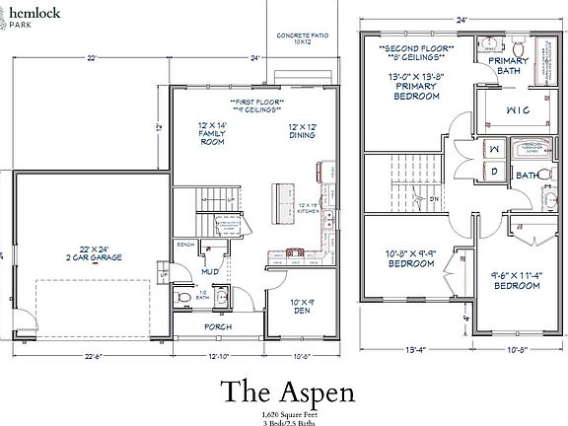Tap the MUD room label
[x=210, y=270]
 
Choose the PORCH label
[x=218, y=325]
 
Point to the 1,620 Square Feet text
[x=284, y=412]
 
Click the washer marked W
[x=494, y=150]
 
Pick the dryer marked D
[x=494, y=173]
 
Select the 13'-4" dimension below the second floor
[x=413, y=348]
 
